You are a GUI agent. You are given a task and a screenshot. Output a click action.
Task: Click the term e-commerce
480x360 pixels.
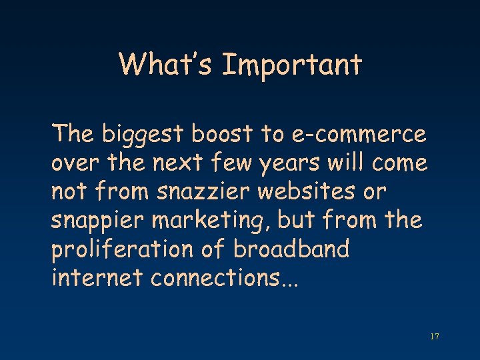(358, 135)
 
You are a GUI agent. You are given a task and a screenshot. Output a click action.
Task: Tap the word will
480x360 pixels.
(351, 163)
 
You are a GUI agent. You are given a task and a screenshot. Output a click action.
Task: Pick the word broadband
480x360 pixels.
(291, 249)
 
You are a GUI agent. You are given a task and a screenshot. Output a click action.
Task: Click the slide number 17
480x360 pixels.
(435, 337)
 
